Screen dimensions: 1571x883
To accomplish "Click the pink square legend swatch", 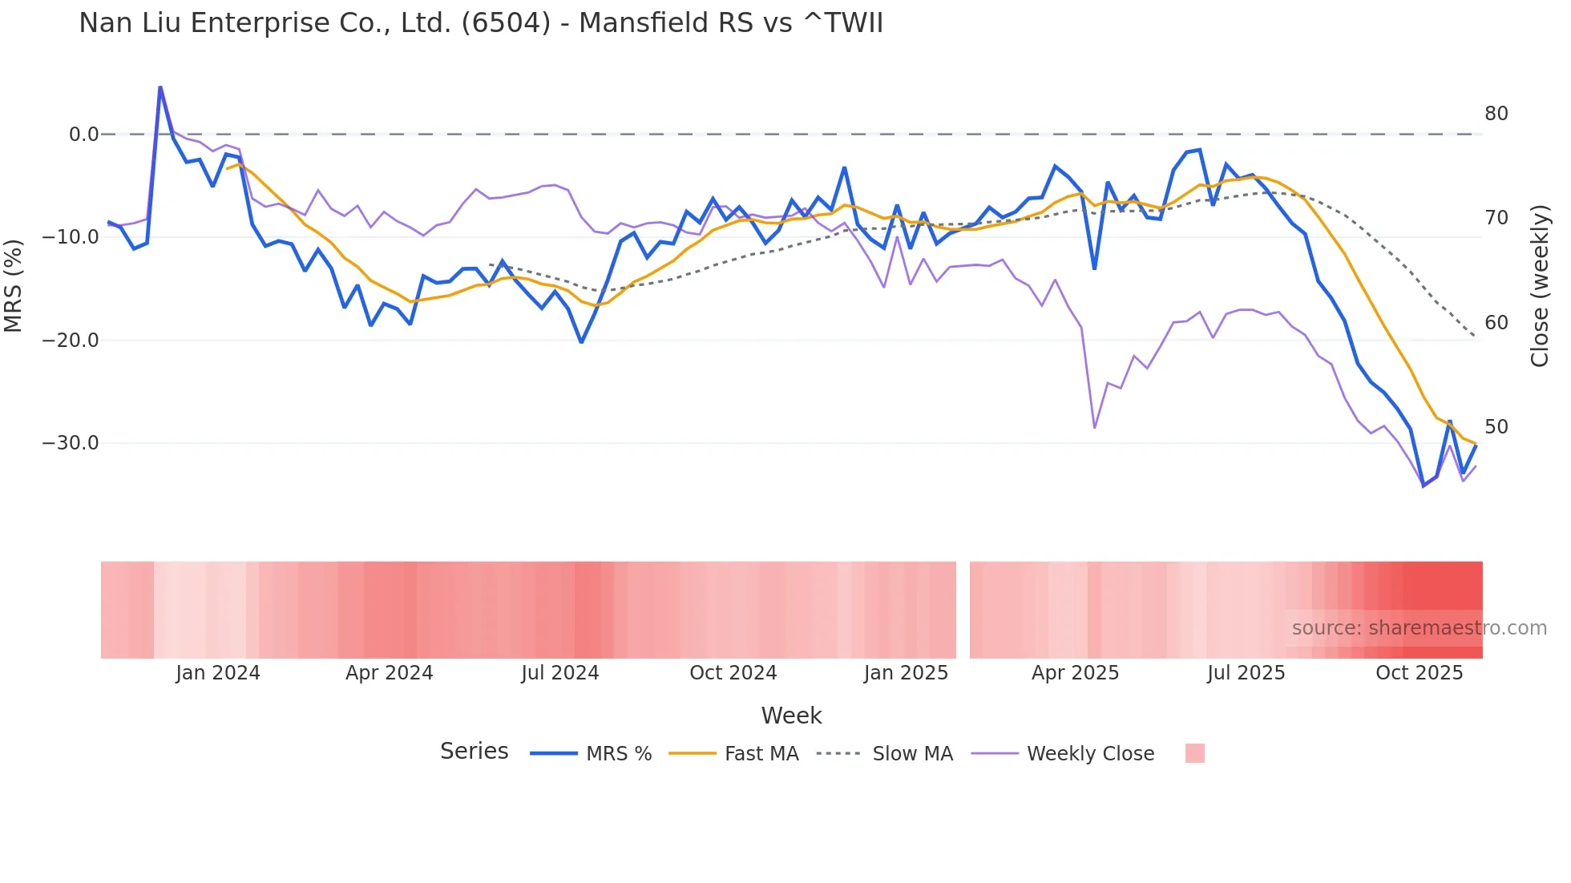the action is point(1194,753).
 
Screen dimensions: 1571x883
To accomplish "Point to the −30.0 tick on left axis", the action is point(71,443).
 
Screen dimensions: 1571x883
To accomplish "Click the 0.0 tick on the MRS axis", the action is point(83,135).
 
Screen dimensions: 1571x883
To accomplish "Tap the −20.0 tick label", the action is point(71,341).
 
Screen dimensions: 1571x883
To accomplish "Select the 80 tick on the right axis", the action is point(1496,114).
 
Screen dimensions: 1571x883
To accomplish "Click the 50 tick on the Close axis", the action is point(1496,427).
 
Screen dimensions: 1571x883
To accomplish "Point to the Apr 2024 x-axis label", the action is point(389,673).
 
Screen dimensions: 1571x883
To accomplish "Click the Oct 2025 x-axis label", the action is point(1419,673).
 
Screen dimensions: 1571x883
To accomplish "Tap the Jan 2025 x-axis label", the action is point(906,673).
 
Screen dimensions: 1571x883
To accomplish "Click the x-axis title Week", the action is point(791,716).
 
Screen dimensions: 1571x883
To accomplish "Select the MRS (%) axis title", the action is point(14,285).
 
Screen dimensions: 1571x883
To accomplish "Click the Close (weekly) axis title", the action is point(1540,286).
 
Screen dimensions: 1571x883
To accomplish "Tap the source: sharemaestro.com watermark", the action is point(1419,628).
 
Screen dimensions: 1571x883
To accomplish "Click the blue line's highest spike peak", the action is point(160,87).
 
